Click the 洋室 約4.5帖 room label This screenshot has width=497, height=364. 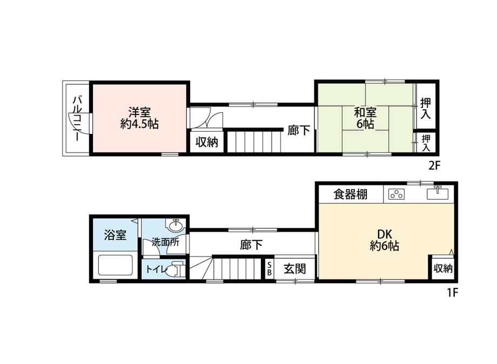pyautogui.click(x=139, y=118)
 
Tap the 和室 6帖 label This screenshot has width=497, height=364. pyautogui.click(x=365, y=118)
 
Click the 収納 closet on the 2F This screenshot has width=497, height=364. pyautogui.click(x=206, y=142)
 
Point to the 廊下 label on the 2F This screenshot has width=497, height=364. pyautogui.click(x=299, y=130)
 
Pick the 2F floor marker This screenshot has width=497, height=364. pyautogui.click(x=435, y=166)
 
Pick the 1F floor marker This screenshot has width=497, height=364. pyautogui.click(x=452, y=293)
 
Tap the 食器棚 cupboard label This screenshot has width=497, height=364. pyautogui.click(x=350, y=194)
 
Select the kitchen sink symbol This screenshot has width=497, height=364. pyautogui.click(x=438, y=193)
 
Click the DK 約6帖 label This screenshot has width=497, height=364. pyautogui.click(x=384, y=240)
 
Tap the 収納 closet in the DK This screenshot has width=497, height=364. pyautogui.click(x=443, y=268)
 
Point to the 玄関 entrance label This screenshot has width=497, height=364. pyautogui.click(x=294, y=268)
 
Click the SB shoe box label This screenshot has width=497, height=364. pyautogui.click(x=270, y=268)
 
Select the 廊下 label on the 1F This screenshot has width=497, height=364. pyautogui.click(x=251, y=245)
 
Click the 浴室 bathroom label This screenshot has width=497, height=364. pyautogui.click(x=115, y=235)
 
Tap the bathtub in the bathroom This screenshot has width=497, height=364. pyautogui.click(x=115, y=265)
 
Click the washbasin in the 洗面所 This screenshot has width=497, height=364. pyautogui.click(x=176, y=225)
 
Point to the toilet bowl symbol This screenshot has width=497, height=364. pyautogui.click(x=175, y=269)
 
